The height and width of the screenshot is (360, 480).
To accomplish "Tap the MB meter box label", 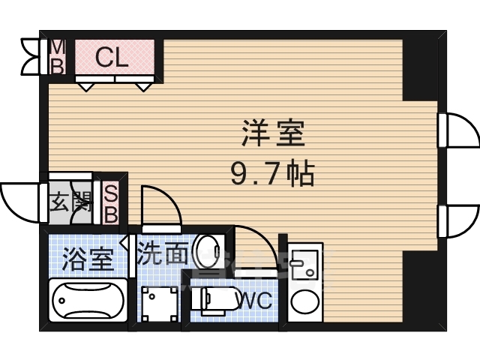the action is [x=57, y=57].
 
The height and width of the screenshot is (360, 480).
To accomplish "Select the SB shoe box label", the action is [x=111, y=202].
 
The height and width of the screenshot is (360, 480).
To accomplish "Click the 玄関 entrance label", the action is [x=71, y=202].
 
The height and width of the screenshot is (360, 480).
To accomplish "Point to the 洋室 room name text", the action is [x=273, y=133].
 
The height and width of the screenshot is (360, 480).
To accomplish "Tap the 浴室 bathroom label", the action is [x=88, y=259].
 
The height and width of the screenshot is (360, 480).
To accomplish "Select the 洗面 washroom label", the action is [x=162, y=253].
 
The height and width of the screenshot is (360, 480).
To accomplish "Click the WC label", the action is [x=255, y=300].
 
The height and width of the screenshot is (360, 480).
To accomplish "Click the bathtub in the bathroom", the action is [x=88, y=300].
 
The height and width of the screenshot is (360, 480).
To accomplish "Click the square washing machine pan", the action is [x=159, y=304].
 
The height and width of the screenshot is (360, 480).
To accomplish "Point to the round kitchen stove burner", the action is [x=305, y=301].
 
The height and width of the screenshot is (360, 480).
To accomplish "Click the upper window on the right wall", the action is [x=458, y=130].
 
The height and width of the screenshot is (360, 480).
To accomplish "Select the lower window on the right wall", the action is [x=458, y=221].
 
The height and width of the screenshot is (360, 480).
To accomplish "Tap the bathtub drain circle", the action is [x=61, y=300].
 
